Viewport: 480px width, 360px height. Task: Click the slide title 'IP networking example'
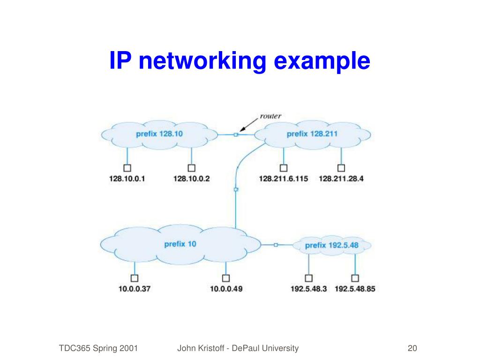pos(240,61)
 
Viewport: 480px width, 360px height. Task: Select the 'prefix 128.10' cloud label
pos(159,134)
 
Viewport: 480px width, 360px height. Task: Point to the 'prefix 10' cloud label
pos(180,244)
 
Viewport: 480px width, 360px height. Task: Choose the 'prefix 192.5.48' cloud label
pos(331,245)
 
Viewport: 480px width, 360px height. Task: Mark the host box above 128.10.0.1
pos(127,167)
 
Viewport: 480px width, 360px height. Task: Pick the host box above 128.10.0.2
pos(191,167)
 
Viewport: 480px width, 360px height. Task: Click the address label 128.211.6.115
pos(284,179)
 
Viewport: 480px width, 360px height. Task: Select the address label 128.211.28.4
pos(341,179)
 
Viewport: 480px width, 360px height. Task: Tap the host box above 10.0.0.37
pos(135,277)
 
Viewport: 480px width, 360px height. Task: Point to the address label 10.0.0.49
pos(226,289)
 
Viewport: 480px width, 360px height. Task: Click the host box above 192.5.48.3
pos(308,277)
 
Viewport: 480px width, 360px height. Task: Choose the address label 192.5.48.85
pos(355,289)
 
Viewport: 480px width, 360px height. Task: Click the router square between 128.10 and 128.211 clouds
pos(236,135)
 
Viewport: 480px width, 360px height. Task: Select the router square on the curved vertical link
pos(236,189)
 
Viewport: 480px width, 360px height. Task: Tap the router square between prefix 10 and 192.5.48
pos(276,245)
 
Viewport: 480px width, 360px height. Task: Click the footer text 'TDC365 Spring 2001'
pos(98,348)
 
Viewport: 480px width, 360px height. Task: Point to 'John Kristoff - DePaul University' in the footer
pos(238,348)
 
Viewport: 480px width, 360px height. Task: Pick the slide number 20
pos(412,348)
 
